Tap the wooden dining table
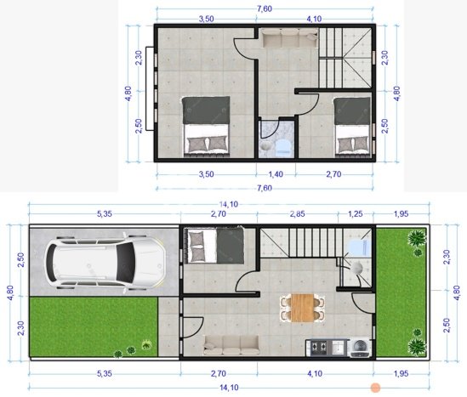click(x=304, y=306)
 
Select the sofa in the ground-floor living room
click(x=231, y=343)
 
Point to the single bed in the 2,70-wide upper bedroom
click(x=351, y=125)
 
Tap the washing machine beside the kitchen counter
click(x=361, y=346)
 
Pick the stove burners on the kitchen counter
click(x=321, y=346)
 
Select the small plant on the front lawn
click(x=147, y=344)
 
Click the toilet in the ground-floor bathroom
click(x=356, y=247)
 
